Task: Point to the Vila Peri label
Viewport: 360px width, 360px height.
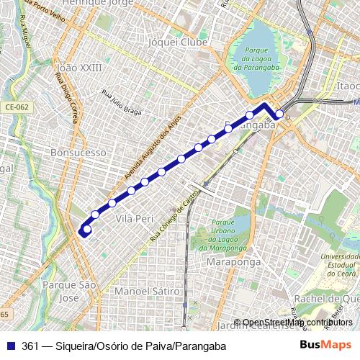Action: [135, 217]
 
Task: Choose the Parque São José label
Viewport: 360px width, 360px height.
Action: [69, 291]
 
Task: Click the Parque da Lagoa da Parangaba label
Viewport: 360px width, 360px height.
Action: [256, 59]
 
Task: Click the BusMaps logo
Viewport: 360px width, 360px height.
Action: [325, 346]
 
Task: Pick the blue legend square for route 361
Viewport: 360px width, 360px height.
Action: [10, 346]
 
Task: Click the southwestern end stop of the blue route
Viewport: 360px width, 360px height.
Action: [87, 230]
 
